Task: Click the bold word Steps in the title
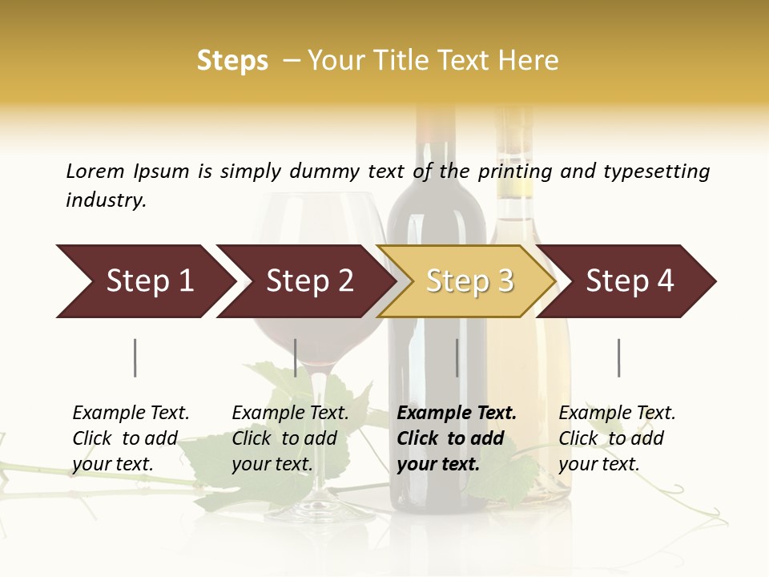click(232, 61)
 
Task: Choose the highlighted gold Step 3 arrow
click(469, 281)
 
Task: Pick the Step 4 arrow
click(630, 281)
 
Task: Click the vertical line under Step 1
click(135, 357)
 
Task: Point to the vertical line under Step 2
click(296, 357)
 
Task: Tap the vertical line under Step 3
click(457, 357)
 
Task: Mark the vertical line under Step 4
click(618, 357)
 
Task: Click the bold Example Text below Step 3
click(457, 413)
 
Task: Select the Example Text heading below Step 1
click(131, 413)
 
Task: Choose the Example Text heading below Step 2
click(290, 413)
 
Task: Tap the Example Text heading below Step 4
click(617, 413)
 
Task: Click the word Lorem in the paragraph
click(95, 171)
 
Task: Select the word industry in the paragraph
click(106, 200)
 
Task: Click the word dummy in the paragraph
click(324, 171)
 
